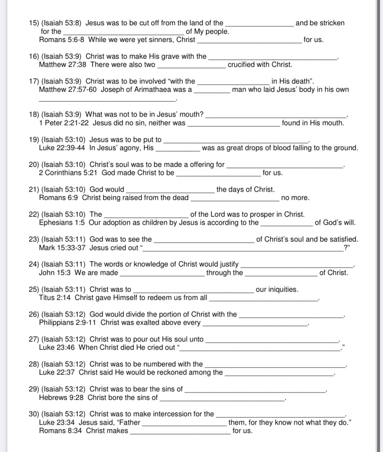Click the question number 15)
(33, 23)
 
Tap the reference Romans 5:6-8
(62, 40)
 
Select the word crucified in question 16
(243, 64)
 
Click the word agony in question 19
(130, 148)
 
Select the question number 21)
(33, 189)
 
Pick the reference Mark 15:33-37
(63, 248)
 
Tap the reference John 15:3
(55, 273)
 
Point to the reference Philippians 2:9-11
(68, 323)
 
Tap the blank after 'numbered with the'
(275, 365)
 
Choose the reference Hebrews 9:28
(61, 397)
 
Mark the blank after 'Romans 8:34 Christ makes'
(180, 431)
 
